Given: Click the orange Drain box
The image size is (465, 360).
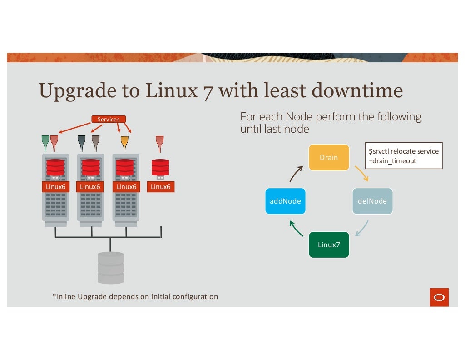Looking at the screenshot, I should pos(329,157).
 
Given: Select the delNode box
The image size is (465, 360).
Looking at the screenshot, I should pos(372,201).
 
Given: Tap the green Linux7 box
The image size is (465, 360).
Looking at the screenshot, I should pos(329,245).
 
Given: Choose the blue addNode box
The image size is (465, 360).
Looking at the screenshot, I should pos(285,201).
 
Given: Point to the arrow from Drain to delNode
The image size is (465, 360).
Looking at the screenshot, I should pos(361,173).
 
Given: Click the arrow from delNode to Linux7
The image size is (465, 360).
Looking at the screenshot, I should pos(362,229).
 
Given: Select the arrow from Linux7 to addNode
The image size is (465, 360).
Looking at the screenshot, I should pos(296,229).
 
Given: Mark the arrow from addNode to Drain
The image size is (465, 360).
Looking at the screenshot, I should pos(296,173).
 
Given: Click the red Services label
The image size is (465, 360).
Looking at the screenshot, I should pos(109,119).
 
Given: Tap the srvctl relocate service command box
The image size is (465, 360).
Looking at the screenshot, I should pos(403,156).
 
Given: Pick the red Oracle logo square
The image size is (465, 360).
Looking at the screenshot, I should pos(439,297).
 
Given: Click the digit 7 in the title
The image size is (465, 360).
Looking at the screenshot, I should pos(206,90).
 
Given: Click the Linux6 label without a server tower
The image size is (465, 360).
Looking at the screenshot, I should pos(160,186).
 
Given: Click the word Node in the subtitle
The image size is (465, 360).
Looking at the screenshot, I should pos(295,117).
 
